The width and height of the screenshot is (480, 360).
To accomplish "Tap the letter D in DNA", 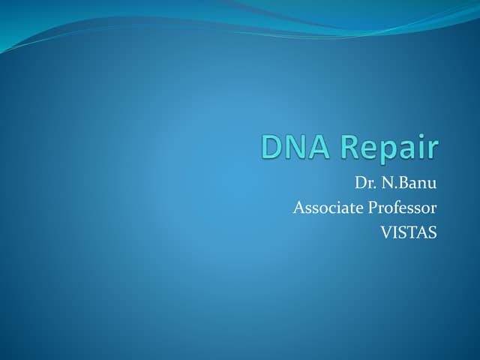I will coord(273,147).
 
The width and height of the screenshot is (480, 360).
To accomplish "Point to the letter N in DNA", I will coord(295,147).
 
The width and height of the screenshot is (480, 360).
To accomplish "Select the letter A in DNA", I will coord(318,147).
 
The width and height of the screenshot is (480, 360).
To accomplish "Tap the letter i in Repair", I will coord(421,146).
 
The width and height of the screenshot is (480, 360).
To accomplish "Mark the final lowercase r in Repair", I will coord(432,150).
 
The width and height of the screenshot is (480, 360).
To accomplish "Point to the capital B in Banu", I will coord(402,183).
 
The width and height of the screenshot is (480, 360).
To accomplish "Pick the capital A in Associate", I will coord(298,208).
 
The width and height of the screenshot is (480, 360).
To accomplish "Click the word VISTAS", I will coord(409,232).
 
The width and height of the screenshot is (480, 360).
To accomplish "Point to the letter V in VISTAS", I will coord(385,232).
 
